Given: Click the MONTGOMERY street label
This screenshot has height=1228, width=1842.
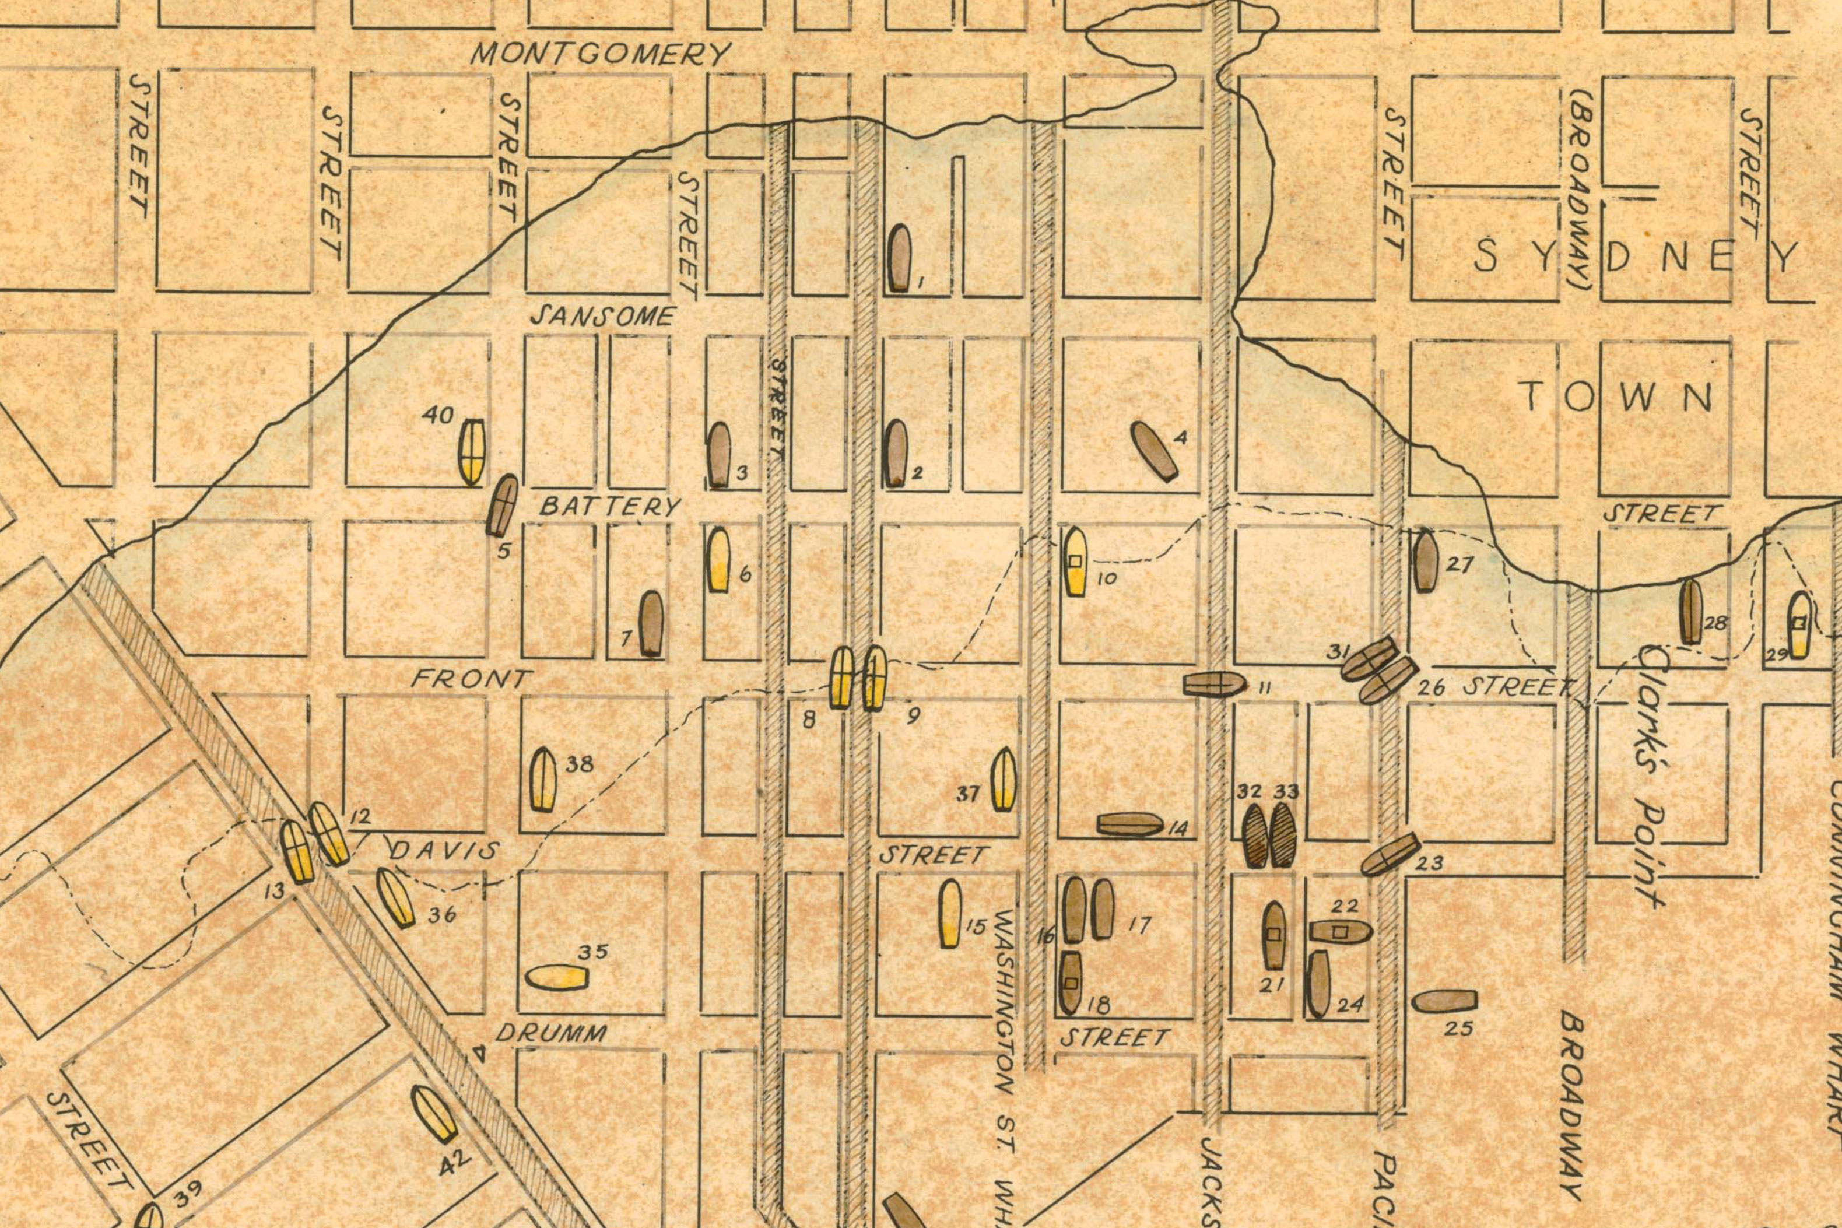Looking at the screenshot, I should pyautogui.click(x=601, y=54).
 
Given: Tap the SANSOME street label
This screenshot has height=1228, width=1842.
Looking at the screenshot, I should pyautogui.click(x=602, y=317).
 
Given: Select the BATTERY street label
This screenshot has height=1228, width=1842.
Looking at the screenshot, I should pyautogui.click(x=610, y=507).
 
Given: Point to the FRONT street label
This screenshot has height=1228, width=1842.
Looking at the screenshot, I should pyautogui.click(x=472, y=678).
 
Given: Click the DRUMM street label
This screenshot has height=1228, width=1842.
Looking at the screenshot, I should pyautogui.click(x=550, y=1034).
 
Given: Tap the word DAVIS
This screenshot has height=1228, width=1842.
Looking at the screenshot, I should pyautogui.click(x=444, y=851).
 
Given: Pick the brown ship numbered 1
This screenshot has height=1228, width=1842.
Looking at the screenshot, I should pyautogui.click(x=899, y=258).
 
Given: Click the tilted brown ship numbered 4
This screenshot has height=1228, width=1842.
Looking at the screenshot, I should pyautogui.click(x=1155, y=451).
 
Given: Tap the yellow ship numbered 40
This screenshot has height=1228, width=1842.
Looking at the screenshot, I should pyautogui.click(x=472, y=452).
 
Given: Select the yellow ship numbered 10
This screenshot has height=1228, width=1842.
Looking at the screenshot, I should pyautogui.click(x=1075, y=562).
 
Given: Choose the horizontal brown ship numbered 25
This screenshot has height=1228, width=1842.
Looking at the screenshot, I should pyautogui.click(x=1444, y=1001).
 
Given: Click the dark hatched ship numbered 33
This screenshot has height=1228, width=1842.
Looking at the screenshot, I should pyautogui.click(x=1282, y=836).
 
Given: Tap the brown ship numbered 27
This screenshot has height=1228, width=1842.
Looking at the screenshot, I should pyautogui.click(x=1425, y=562).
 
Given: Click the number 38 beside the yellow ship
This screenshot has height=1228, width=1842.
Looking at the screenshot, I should pyautogui.click(x=580, y=764).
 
